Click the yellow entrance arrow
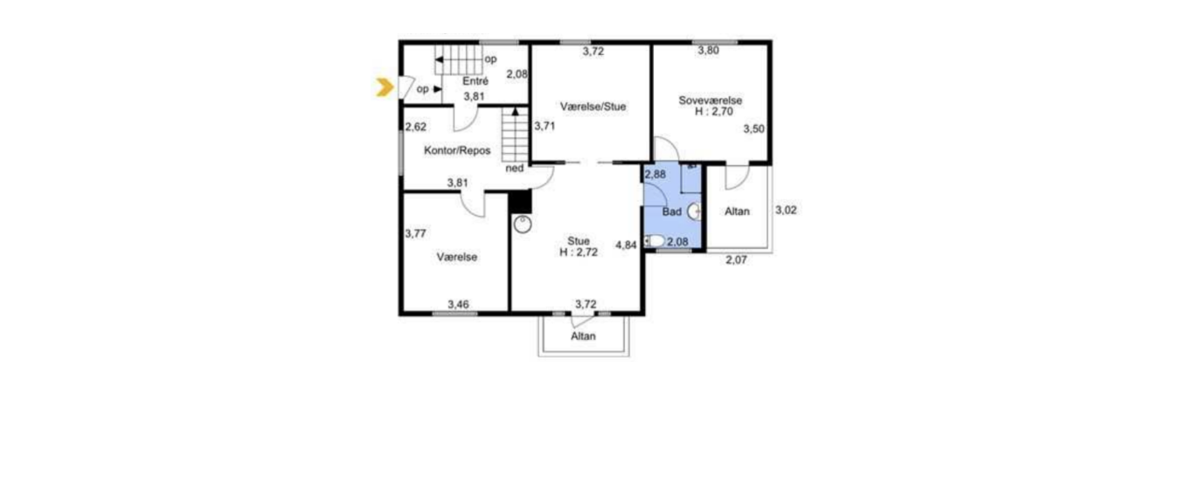click(385, 87)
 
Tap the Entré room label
click(475, 81)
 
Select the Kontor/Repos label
click(457, 150)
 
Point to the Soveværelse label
click(710, 100)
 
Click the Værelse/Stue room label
click(593, 107)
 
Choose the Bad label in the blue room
click(671, 211)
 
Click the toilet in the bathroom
click(655, 241)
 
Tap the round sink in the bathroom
click(694, 211)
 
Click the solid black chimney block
click(520, 202)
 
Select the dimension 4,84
click(626, 245)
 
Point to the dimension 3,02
click(786, 210)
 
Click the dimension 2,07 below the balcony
click(736, 260)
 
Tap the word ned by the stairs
click(514, 169)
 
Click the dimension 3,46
click(458, 304)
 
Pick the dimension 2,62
click(415, 127)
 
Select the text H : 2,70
click(714, 112)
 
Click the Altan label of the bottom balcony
click(583, 336)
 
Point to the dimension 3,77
click(415, 233)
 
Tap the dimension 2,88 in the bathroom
click(655, 174)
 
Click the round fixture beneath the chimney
click(522, 225)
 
